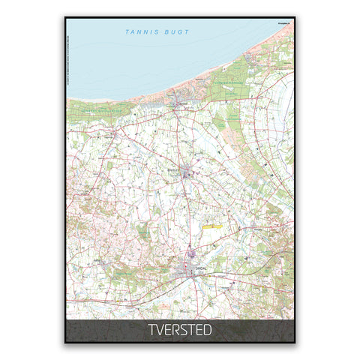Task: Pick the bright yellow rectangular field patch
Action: (211, 223)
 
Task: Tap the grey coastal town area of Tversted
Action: (178, 98)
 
